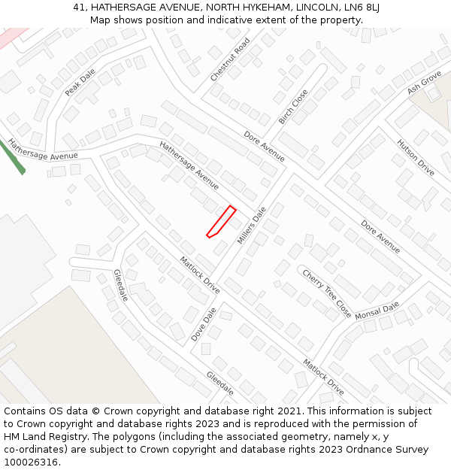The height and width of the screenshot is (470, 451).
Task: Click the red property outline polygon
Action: (x=222, y=222)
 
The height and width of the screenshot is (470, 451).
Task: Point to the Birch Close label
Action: (x=293, y=107)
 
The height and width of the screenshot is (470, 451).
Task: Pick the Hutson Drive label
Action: (x=416, y=157)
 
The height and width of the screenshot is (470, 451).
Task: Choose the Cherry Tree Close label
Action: (x=327, y=293)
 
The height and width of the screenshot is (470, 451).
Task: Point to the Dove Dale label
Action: (x=204, y=324)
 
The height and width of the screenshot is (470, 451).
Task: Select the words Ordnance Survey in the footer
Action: (x=389, y=449)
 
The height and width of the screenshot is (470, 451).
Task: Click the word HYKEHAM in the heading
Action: (x=265, y=8)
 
